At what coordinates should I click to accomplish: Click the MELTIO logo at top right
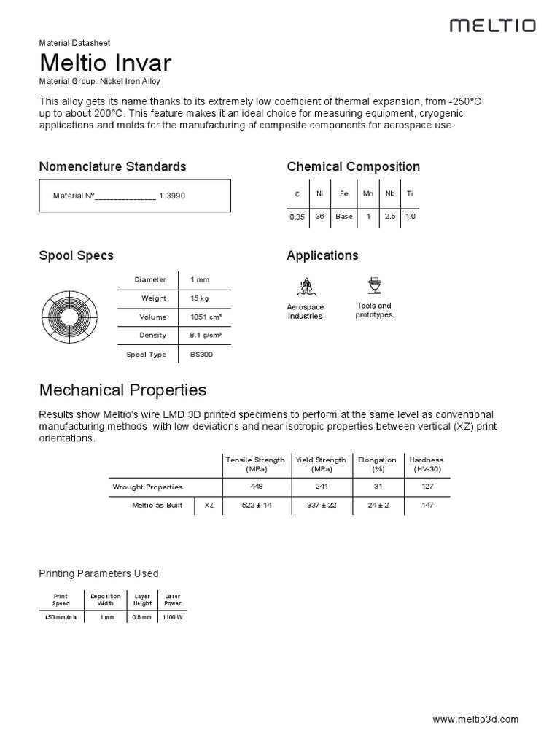pos(492,26)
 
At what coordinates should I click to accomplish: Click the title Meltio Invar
pos(106,62)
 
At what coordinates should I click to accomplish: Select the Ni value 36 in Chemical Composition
pos(319,217)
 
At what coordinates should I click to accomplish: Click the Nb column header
pos(390,193)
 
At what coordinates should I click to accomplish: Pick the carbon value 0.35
pos(297,217)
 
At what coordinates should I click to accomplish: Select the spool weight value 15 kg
pos(199,298)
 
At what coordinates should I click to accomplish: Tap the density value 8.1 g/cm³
pos(206,336)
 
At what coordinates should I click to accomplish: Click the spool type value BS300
pos(201,355)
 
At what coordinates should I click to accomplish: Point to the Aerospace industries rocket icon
pos(305,286)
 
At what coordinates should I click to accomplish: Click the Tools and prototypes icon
pos(374,285)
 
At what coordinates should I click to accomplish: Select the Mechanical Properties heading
pos(122,390)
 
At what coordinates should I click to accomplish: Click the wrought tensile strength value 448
pos(255,487)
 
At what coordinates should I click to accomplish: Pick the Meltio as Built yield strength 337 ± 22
pos(321,506)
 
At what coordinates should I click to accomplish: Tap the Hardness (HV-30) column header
pos(427,464)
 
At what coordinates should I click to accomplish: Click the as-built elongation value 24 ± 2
pos(377,506)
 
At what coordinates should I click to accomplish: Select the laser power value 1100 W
pos(172,617)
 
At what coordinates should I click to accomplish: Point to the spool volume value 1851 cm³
pos(206,317)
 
